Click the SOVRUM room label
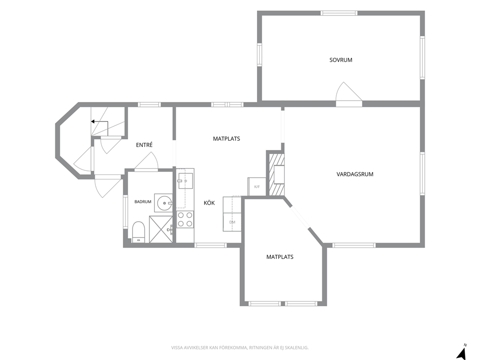click(x=341, y=60)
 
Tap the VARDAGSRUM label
click(x=355, y=174)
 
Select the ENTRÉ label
click(x=144, y=145)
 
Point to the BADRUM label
click(x=143, y=202)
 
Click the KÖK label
click(x=210, y=203)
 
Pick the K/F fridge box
click(x=257, y=186)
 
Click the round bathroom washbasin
click(x=165, y=203)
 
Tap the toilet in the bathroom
click(x=138, y=232)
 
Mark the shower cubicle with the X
click(x=161, y=229)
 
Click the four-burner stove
click(x=185, y=220)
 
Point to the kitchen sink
click(x=185, y=181)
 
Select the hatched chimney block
click(x=276, y=175)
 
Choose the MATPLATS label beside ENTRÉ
click(x=226, y=139)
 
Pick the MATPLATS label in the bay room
click(x=280, y=257)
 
